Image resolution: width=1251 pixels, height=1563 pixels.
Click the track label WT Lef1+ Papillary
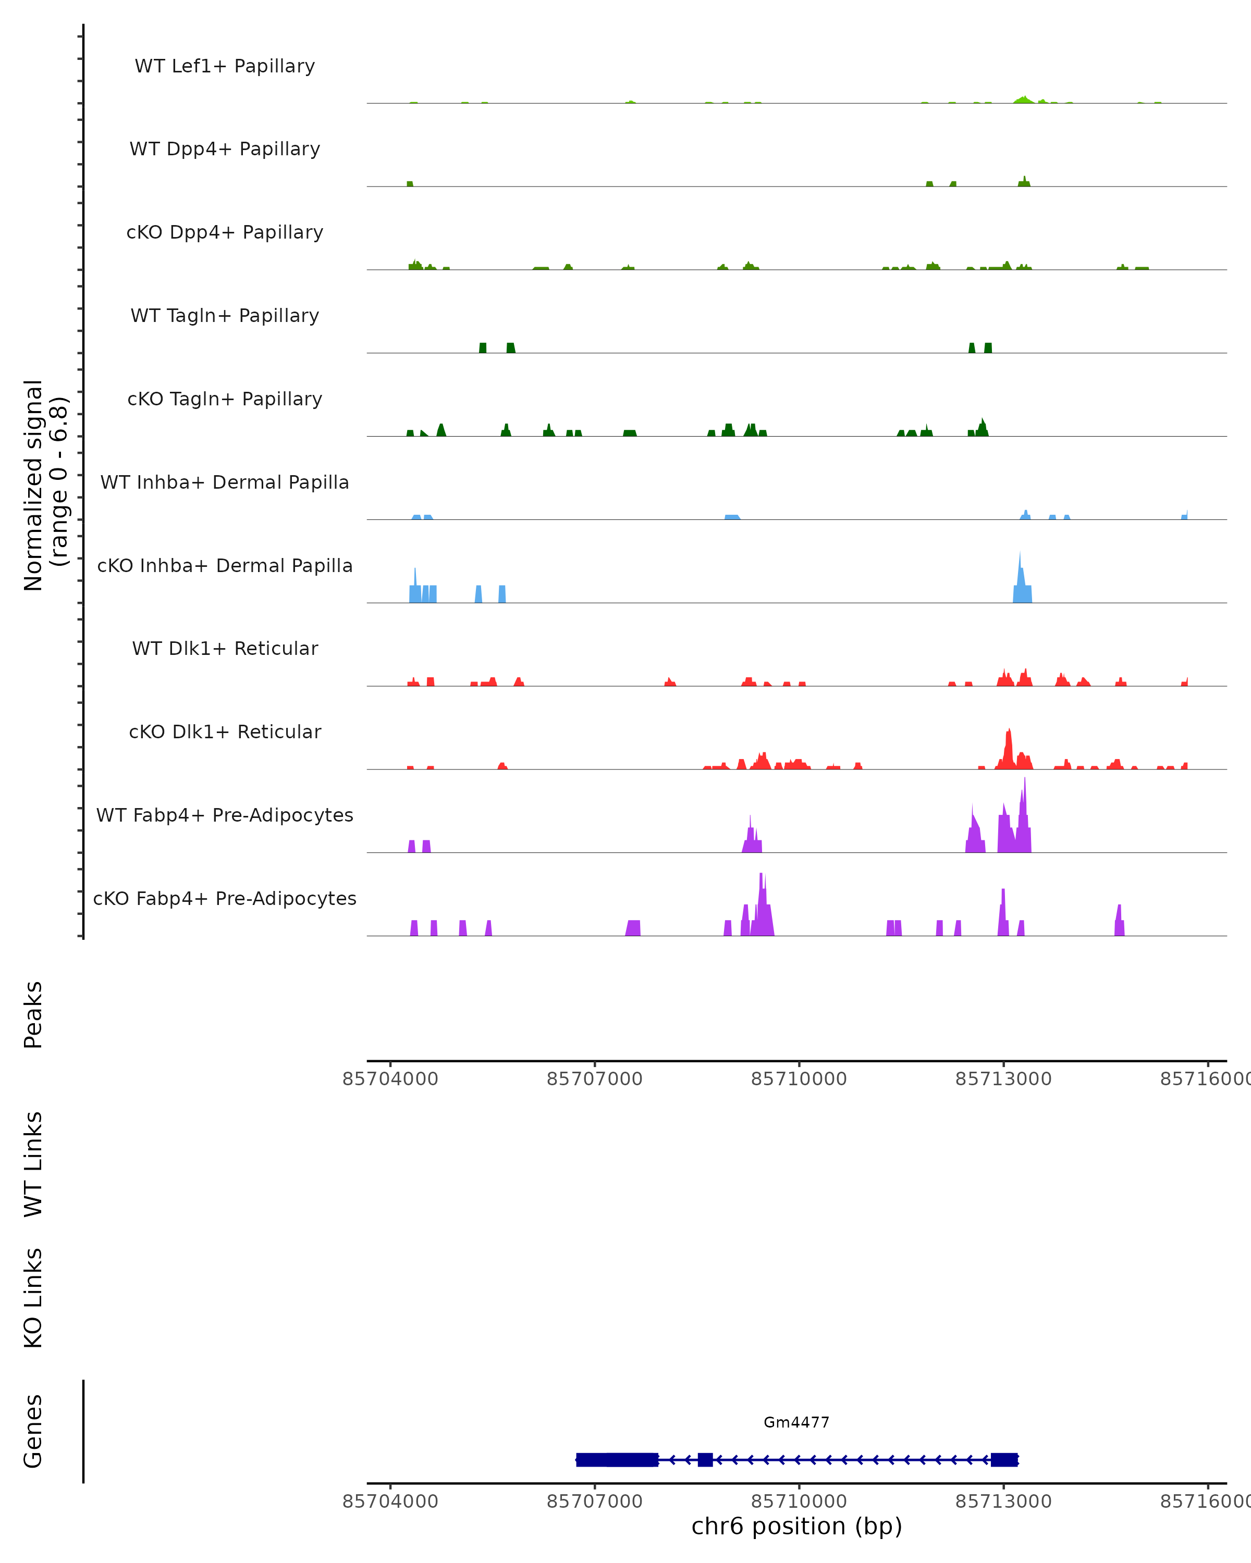click(225, 66)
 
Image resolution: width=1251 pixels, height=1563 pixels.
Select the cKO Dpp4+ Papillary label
click(225, 233)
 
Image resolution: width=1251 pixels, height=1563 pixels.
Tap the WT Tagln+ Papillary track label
click(225, 316)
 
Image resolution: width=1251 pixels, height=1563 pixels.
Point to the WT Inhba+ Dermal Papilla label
click(225, 483)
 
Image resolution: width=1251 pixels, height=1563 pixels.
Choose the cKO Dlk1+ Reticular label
click(225, 732)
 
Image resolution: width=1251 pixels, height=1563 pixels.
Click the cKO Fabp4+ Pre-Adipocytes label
click(225, 899)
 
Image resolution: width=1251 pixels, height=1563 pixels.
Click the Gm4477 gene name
click(796, 1423)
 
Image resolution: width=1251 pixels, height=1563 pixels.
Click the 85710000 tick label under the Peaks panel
click(799, 1080)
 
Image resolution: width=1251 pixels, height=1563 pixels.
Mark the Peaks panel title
click(33, 1015)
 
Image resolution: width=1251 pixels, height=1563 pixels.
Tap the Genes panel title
click(33, 1431)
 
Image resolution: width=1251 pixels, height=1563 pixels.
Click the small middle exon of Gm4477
click(705, 1459)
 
